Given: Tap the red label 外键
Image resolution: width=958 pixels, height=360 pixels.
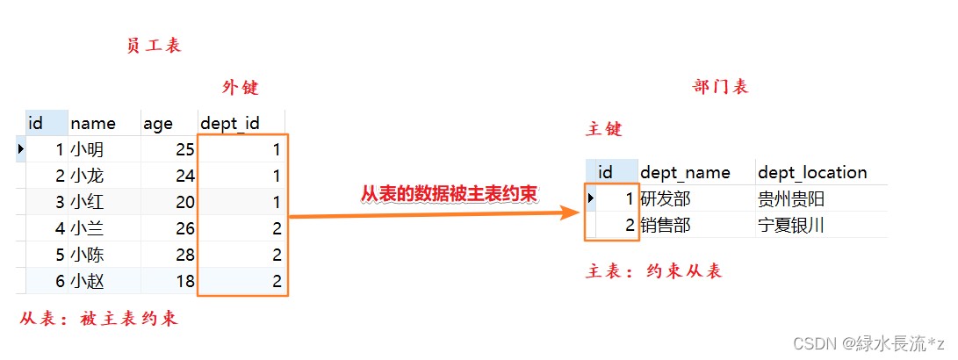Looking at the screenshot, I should click(241, 88).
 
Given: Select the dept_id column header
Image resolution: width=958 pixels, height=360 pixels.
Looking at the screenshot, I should click(230, 124).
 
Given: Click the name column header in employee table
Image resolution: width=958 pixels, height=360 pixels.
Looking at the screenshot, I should click(92, 124).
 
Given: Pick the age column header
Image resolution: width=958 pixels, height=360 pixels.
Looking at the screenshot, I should click(158, 124).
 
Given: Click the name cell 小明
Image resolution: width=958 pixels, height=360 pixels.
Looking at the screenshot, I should click(87, 150).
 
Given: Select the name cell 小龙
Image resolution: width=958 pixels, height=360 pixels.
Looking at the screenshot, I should click(87, 176).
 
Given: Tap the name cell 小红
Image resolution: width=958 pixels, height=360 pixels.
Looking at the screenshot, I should click(87, 203).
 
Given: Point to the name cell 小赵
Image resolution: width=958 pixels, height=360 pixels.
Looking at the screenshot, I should click(87, 282).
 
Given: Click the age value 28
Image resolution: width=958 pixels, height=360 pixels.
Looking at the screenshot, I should click(184, 256).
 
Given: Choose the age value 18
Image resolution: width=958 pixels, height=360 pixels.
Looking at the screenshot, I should click(184, 282).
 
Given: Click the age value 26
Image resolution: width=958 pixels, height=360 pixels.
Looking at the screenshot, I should click(184, 229).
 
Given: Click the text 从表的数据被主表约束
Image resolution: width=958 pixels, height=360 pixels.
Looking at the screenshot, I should click(449, 193).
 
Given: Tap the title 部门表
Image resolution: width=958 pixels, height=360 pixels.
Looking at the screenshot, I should click(720, 87).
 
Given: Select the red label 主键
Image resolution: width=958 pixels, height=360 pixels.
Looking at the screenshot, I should click(604, 130).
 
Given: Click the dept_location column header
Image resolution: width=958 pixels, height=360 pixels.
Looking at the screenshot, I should click(811, 172).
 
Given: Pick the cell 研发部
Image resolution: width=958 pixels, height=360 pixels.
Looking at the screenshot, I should click(666, 199).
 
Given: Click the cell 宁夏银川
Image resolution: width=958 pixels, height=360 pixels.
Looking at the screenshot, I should click(790, 226).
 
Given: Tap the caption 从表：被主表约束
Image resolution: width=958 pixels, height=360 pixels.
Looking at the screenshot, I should click(98, 319).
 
